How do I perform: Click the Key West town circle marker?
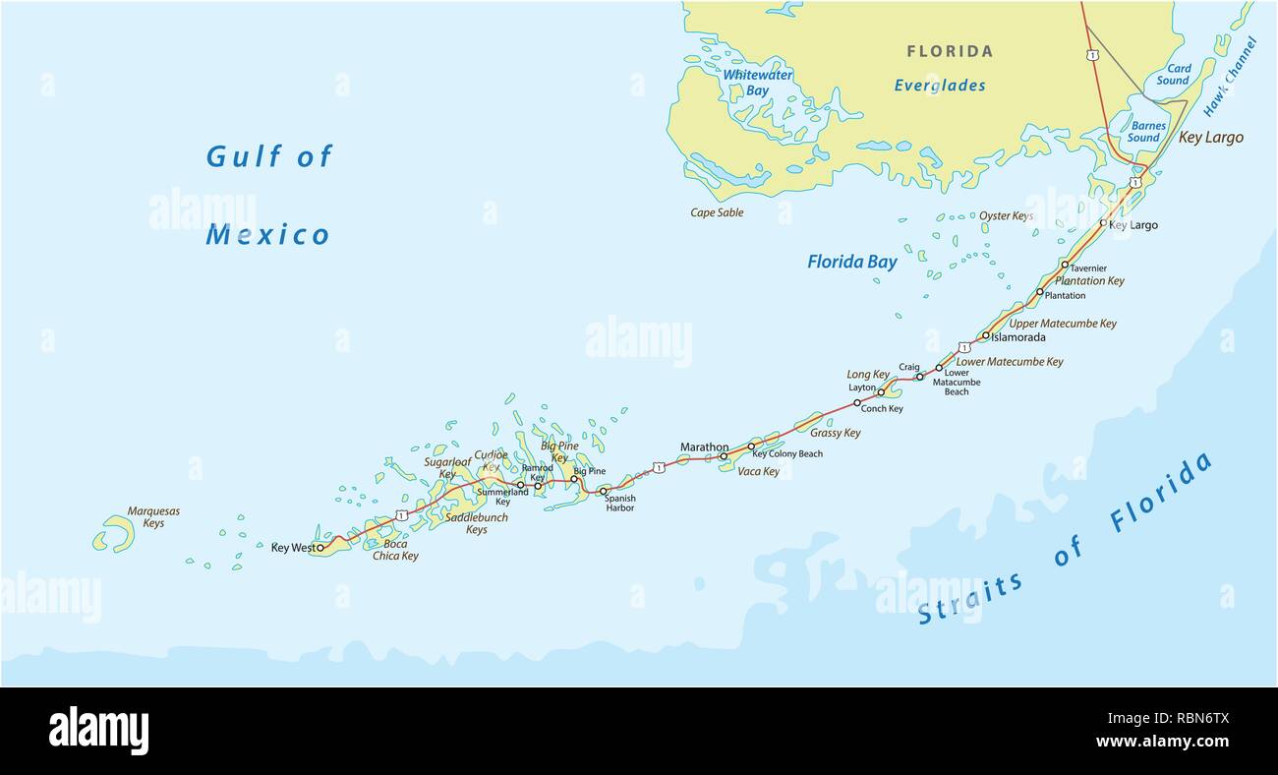(x=320, y=548)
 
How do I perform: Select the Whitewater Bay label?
(x=757, y=83)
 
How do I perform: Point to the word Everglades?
(x=939, y=86)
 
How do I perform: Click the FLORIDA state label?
(x=949, y=51)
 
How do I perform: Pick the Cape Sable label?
(x=717, y=212)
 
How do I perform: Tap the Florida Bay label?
(x=851, y=262)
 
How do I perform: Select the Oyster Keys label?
(x=1006, y=215)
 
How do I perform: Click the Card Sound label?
(x=1172, y=75)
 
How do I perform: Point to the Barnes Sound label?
(x=1147, y=132)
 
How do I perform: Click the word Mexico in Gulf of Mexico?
(x=267, y=235)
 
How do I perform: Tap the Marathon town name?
(x=704, y=447)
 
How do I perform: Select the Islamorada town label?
(x=1017, y=337)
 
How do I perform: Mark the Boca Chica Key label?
(x=395, y=550)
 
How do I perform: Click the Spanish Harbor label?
(x=620, y=504)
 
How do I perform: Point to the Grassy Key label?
(x=835, y=433)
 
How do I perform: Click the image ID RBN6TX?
(x=1194, y=719)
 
